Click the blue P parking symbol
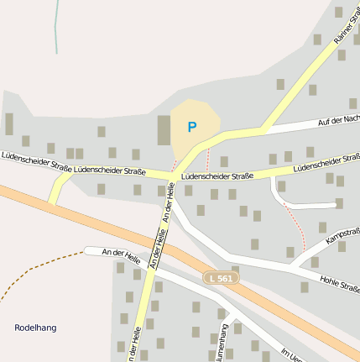tap(191, 128)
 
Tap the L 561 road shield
tap(222, 277)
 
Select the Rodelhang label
tap(35, 328)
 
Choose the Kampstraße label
tap(342, 242)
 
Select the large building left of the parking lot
tap(164, 130)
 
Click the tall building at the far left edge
tap(9, 124)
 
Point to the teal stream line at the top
tap(57, 25)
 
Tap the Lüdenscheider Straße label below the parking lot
tap(217, 176)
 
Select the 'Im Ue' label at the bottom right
tap(290, 355)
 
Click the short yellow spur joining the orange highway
tap(57, 192)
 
